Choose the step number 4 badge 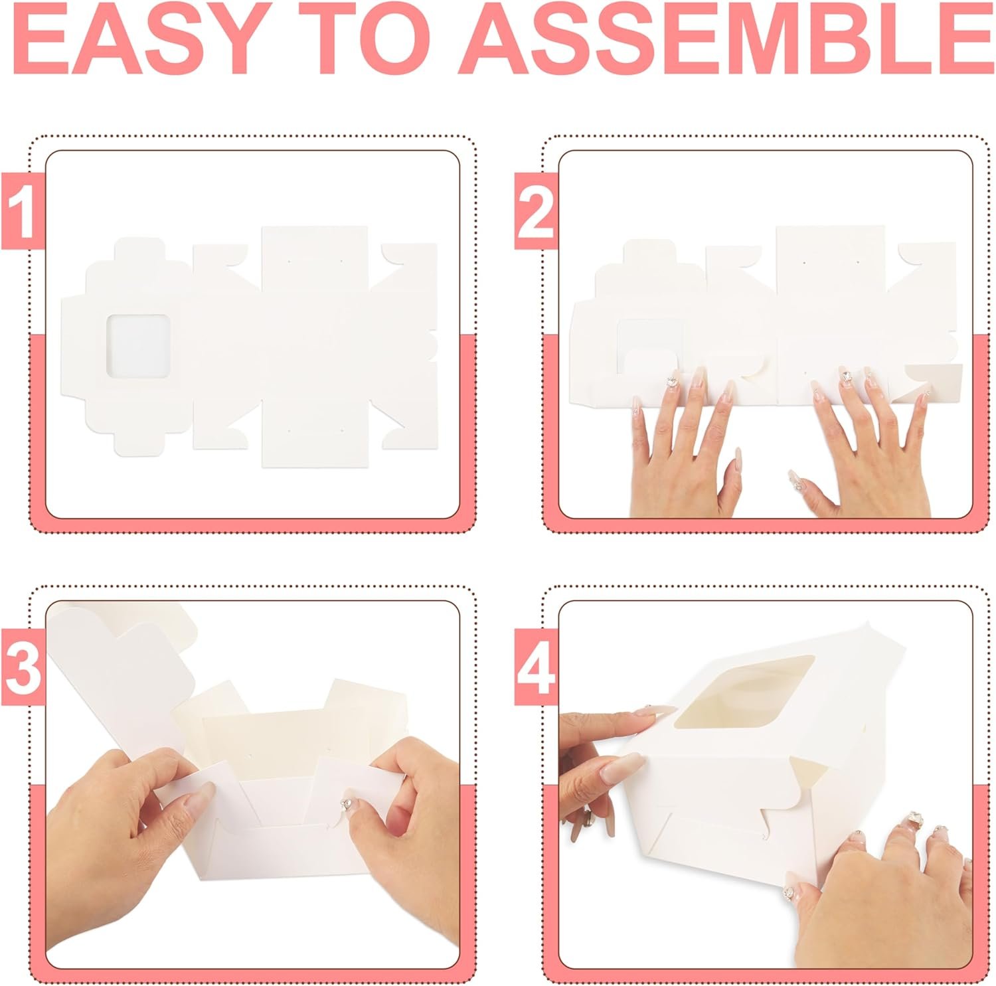[535, 668]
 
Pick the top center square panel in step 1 [315, 260]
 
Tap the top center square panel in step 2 [831, 260]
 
